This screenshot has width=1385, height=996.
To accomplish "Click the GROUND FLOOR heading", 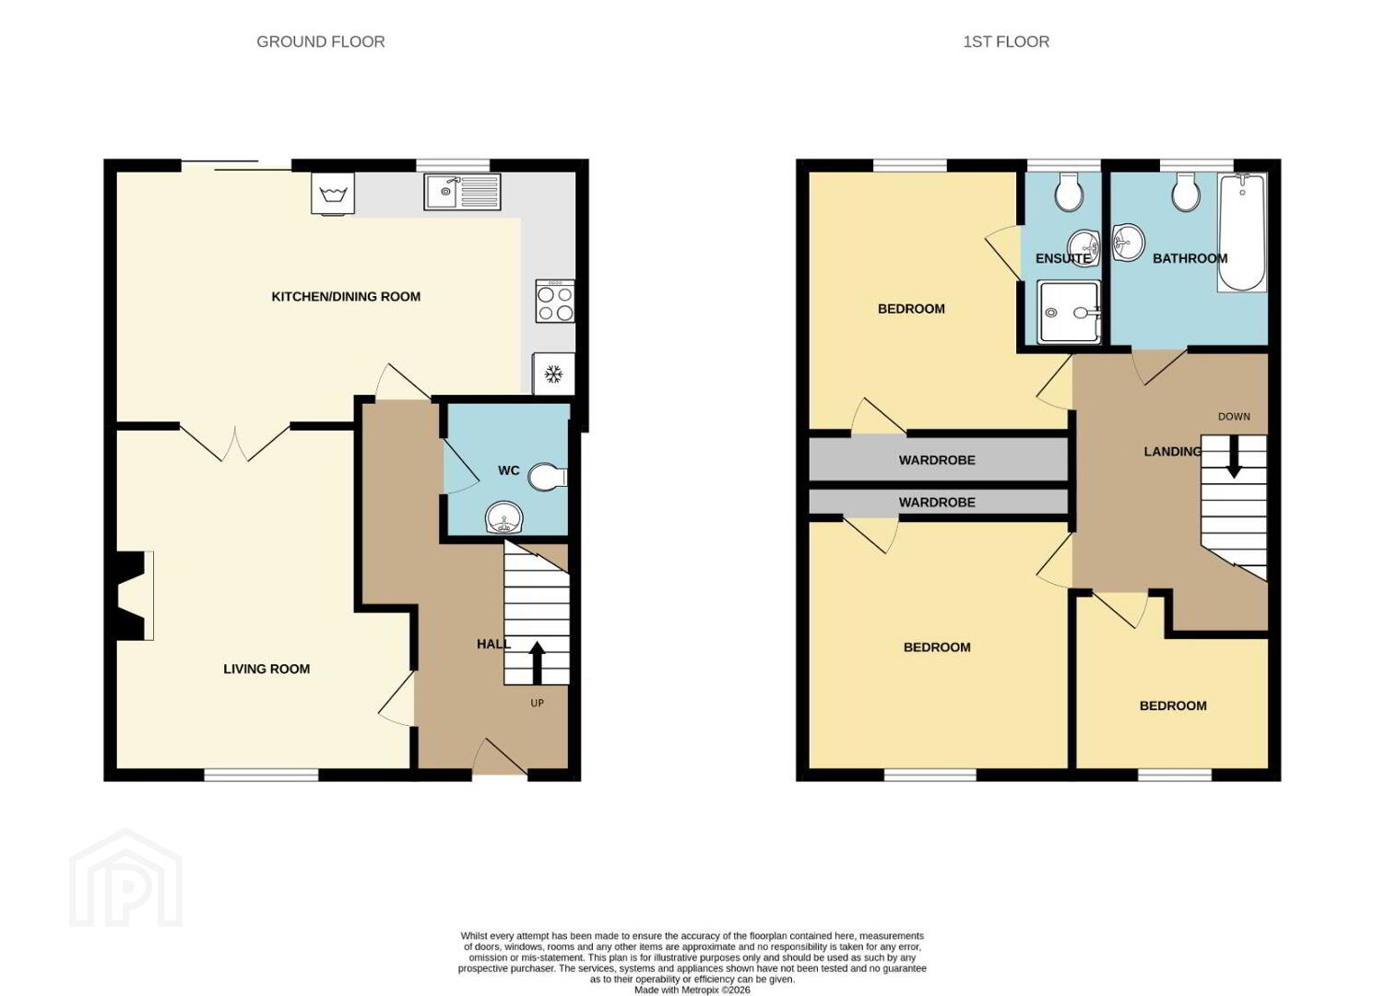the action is click(320, 41).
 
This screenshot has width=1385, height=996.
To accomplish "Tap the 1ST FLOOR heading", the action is click(1006, 41).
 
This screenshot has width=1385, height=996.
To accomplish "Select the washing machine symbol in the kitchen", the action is click(333, 194).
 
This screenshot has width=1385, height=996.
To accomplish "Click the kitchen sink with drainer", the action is click(463, 192).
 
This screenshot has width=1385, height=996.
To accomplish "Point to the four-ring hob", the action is click(554, 301).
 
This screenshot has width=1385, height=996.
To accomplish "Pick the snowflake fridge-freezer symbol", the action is click(553, 373).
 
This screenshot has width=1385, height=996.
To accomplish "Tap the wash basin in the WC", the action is click(503, 517).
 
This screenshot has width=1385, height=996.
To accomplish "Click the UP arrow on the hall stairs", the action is click(537, 662).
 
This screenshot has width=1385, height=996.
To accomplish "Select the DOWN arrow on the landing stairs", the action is click(1234, 456).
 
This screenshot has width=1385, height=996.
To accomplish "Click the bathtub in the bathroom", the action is click(1241, 232).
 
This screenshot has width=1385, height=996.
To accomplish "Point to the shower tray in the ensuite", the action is click(1069, 312).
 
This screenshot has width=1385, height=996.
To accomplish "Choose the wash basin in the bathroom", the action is click(1129, 242).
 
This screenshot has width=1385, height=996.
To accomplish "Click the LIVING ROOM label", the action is click(266, 669).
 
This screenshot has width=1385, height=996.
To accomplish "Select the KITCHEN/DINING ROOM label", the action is click(347, 297).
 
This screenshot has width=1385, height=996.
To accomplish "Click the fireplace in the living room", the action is click(131, 596).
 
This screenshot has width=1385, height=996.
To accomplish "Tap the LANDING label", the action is click(1172, 452).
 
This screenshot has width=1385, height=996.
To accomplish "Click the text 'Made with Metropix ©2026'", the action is click(692, 990).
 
